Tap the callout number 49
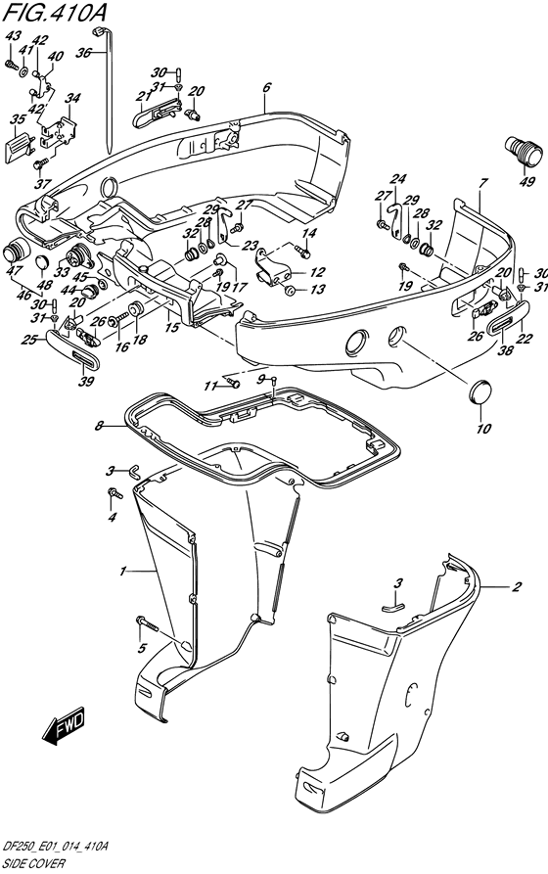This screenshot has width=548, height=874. point(526,181)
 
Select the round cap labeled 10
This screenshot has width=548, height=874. point(479,394)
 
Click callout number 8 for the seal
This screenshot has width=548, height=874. point(99,427)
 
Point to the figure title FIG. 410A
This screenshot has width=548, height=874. point(54,13)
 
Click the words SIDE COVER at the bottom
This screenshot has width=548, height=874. point(33,864)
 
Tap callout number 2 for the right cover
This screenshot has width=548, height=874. point(517,586)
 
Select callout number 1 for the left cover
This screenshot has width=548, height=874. point(122,572)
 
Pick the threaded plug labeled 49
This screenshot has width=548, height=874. point(524,150)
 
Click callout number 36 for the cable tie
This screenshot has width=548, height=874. point(83,53)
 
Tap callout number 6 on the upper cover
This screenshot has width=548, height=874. point(266,87)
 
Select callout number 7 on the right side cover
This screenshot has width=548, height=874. point(482,183)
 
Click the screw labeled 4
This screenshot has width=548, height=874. point(114,493)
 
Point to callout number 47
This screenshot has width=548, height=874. point(11,271)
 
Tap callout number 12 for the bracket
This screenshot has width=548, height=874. point(317,272)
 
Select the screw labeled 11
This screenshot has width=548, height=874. point(234,383)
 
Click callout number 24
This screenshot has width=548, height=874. point(397,179)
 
